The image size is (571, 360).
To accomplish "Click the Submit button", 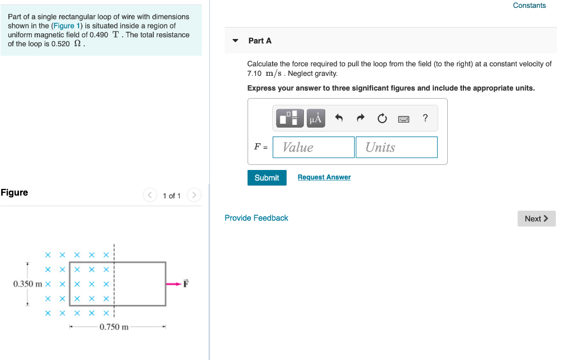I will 267,178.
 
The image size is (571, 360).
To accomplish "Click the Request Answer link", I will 324,177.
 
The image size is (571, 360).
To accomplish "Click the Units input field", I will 396,147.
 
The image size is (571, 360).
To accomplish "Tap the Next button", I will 536,218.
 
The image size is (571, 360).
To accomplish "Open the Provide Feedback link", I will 257,218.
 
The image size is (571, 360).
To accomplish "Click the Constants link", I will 529,6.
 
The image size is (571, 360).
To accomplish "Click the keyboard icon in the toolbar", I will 404,118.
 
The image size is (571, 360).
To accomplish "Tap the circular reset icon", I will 382,118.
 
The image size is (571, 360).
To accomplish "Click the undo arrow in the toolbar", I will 338,118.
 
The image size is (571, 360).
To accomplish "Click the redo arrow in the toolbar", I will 360,118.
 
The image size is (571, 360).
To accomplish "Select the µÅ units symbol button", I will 316,118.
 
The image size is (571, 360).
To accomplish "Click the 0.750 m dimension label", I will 114,327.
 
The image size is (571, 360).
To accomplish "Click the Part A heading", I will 260,41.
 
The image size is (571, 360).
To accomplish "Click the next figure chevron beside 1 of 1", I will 193,195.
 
